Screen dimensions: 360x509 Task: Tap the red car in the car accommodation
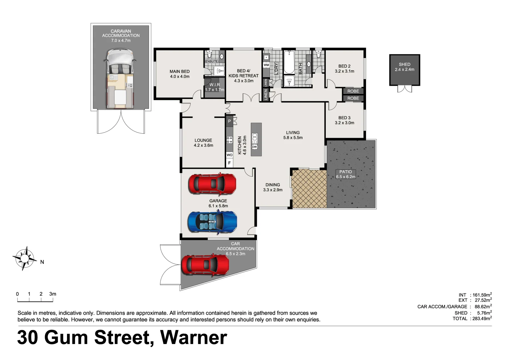(205, 265)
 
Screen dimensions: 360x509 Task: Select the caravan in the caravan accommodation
(120, 79)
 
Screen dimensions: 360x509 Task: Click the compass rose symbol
(24, 258)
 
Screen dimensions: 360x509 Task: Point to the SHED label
(404, 64)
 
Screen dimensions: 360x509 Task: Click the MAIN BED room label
(180, 71)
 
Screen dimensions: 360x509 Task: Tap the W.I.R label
(215, 85)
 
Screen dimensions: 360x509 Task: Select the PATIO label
(345, 172)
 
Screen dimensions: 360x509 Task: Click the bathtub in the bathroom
(289, 62)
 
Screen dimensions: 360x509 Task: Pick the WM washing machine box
(266, 65)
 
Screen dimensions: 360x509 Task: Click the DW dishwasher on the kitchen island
(254, 147)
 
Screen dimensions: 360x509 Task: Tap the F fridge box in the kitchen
(229, 163)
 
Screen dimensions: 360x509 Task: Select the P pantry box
(229, 121)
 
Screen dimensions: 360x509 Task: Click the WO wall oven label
(230, 155)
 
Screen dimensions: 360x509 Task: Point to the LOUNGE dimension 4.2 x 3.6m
(203, 145)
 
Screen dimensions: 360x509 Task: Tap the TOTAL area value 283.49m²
(482, 319)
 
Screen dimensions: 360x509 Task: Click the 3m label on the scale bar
(53, 294)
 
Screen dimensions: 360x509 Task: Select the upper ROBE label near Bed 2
(353, 91)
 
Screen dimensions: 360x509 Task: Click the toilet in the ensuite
(210, 55)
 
